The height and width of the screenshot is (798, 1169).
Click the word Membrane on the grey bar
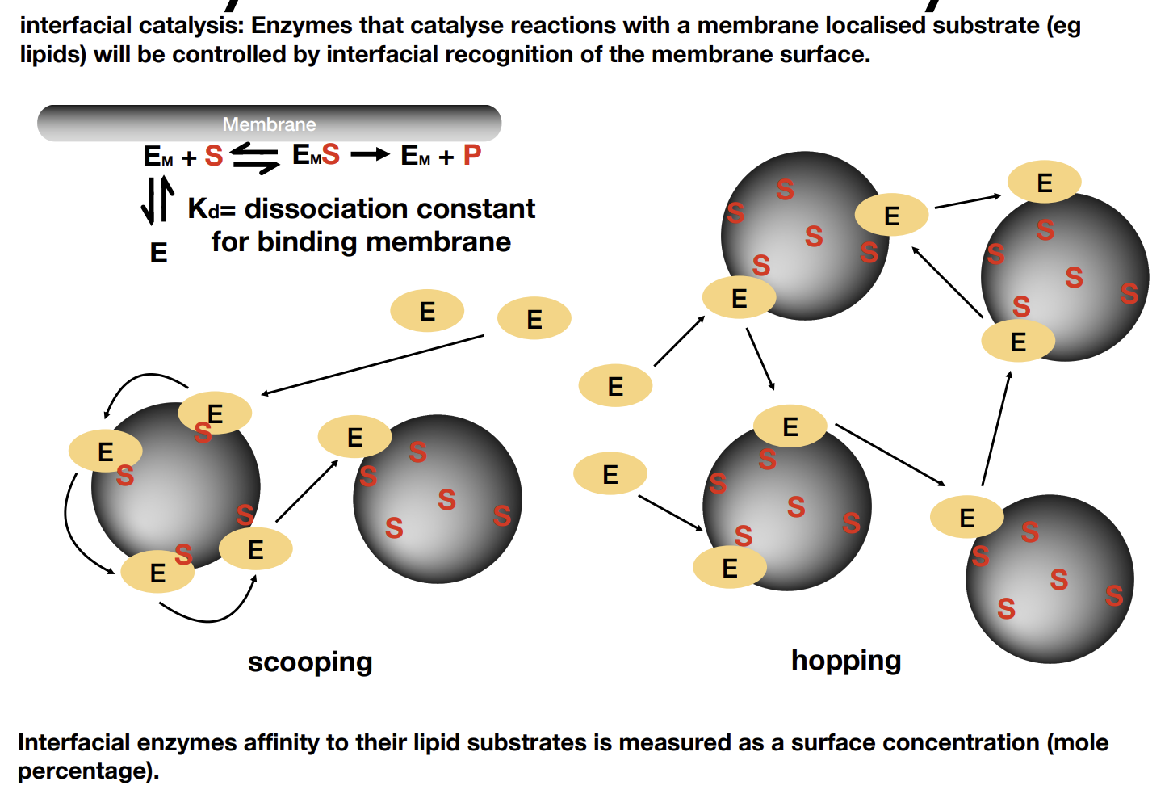(269, 124)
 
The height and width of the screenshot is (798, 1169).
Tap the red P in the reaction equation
(472, 154)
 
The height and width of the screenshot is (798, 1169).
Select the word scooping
(310, 662)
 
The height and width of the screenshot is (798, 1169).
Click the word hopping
(846, 661)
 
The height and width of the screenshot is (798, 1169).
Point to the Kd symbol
(203, 209)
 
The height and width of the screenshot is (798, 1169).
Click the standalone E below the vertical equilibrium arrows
(159, 253)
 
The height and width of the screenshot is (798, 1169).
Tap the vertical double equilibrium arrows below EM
(157, 200)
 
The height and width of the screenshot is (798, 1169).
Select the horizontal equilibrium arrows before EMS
(254, 158)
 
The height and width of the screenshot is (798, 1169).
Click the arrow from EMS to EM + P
(370, 154)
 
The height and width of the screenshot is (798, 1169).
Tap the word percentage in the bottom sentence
(84, 771)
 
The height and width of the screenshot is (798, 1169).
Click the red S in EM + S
(213, 155)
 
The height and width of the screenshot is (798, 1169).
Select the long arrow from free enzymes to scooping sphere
(372, 365)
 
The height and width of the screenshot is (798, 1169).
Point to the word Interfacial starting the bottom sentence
(73, 742)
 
